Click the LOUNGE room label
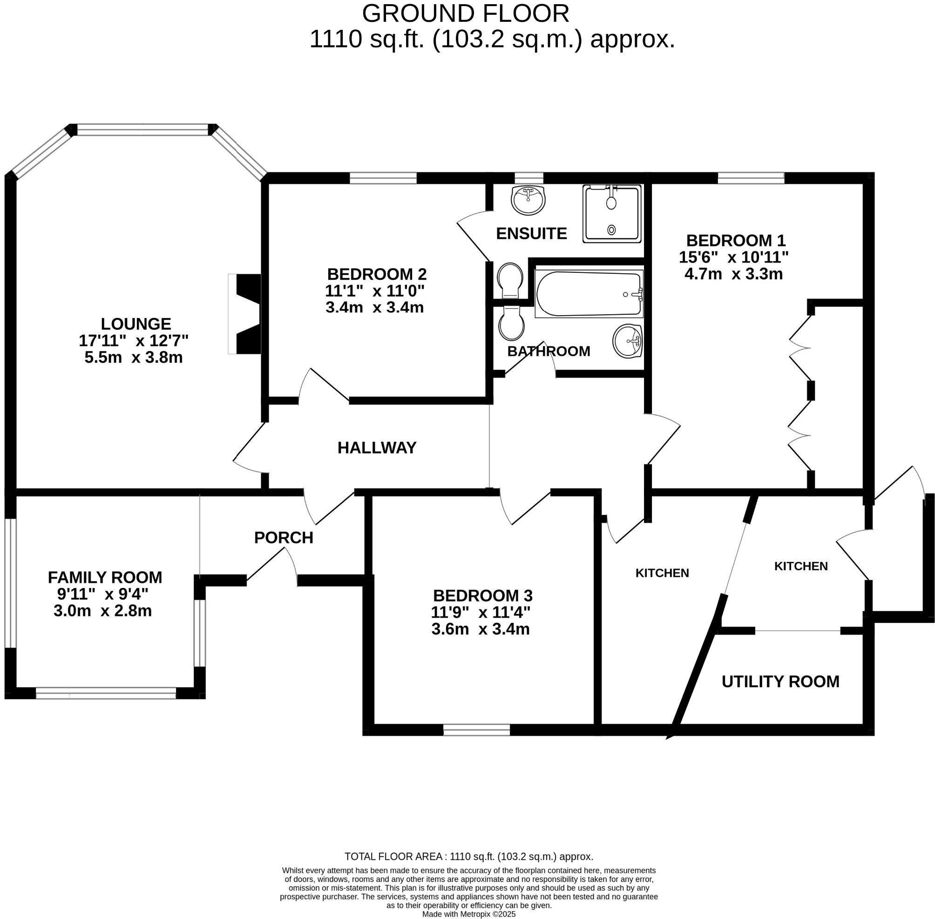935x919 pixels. click(136, 324)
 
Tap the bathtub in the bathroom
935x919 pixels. click(589, 294)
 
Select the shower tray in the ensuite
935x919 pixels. click(612, 213)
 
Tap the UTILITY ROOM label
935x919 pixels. click(780, 682)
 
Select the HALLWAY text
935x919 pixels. click(377, 448)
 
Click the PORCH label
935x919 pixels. click(284, 537)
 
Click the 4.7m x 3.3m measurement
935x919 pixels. click(733, 274)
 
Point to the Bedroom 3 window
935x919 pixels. click(476, 730)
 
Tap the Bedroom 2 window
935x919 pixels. click(383, 179)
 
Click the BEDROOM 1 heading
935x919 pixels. click(736, 240)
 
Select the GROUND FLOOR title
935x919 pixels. click(465, 14)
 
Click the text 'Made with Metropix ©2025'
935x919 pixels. click(469, 914)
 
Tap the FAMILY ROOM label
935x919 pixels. click(105, 577)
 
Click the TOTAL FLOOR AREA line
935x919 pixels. click(468, 857)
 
